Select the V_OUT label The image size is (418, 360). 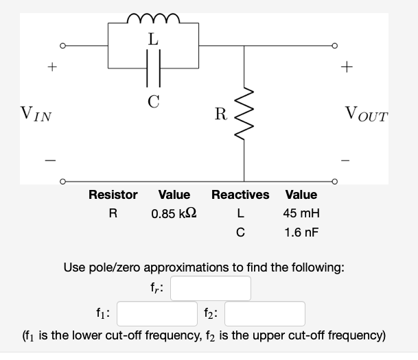click(367, 112)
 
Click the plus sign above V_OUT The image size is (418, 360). click(349, 67)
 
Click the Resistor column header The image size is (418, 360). click(113, 195)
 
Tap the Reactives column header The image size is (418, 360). click(240, 195)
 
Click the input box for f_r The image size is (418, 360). click(211, 288)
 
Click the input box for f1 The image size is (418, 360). click(158, 314)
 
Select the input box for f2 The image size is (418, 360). click(264, 314)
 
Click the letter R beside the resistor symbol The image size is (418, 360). click(219, 113)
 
